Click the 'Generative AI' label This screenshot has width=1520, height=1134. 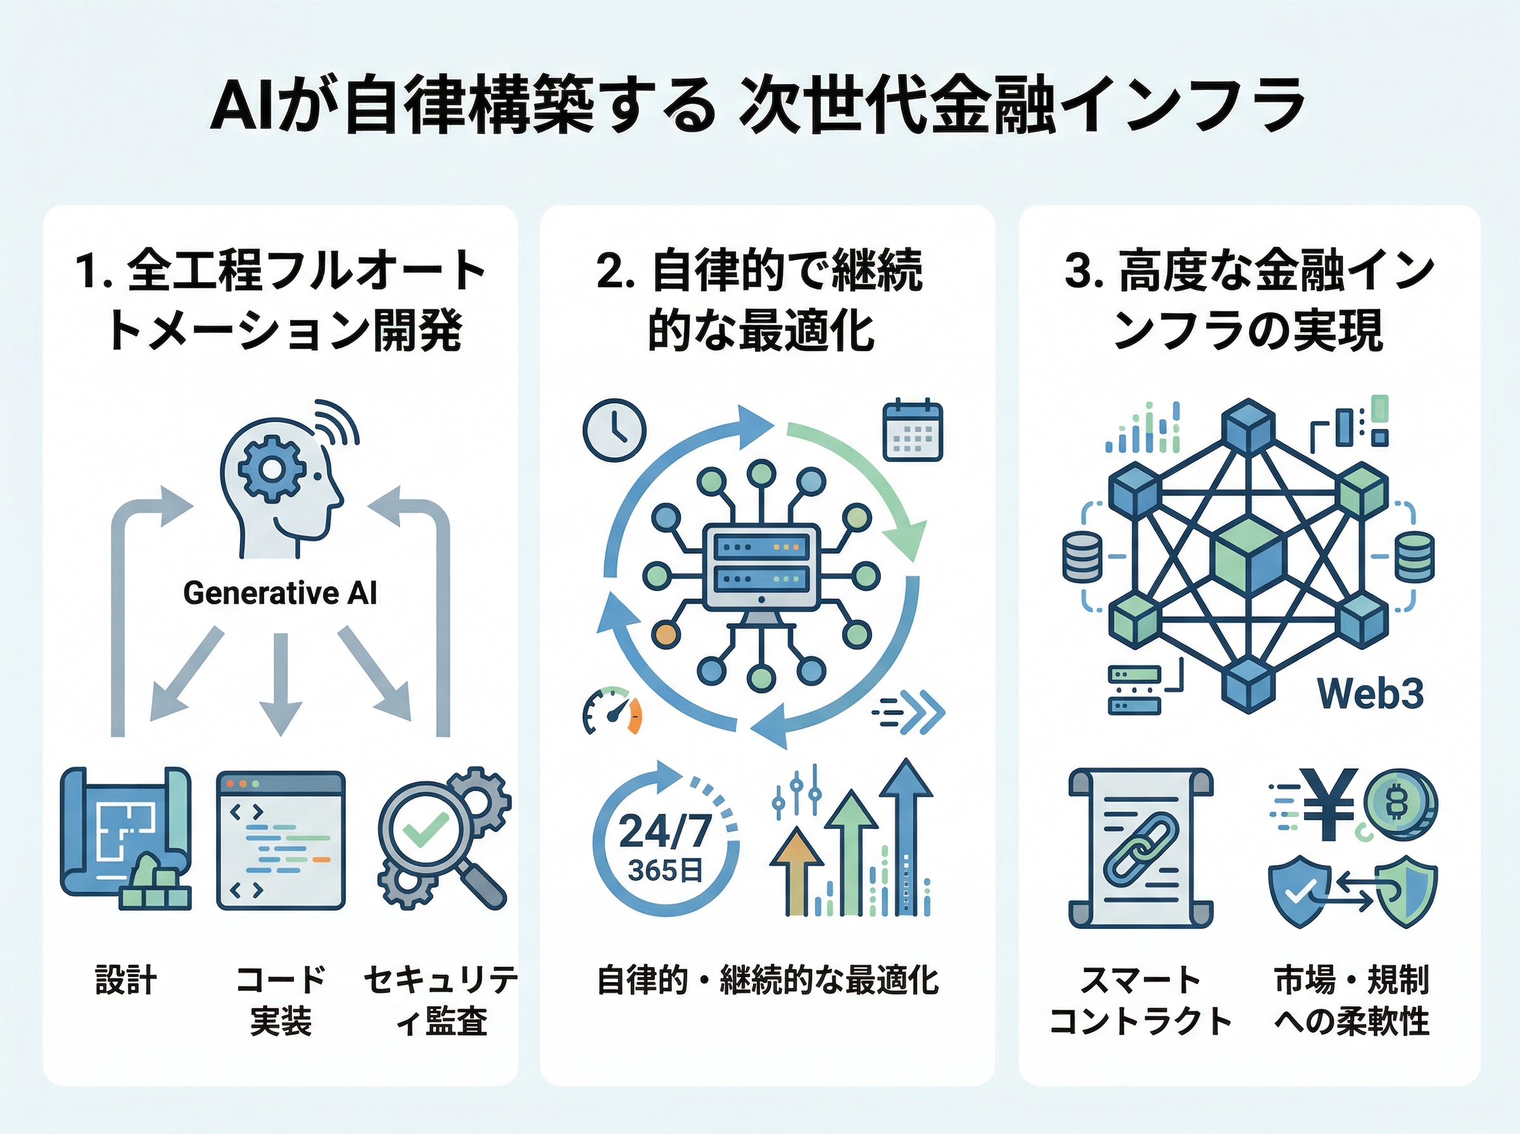(x=280, y=593)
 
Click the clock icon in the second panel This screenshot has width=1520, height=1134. (x=614, y=430)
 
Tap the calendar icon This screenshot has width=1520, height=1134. (x=912, y=430)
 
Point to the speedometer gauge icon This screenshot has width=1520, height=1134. (x=611, y=712)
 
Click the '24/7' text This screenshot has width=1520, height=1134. (x=664, y=832)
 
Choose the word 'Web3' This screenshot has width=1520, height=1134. (x=1371, y=694)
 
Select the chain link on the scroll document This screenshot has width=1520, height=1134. (x=1140, y=848)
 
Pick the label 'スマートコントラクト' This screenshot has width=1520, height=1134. (x=1140, y=999)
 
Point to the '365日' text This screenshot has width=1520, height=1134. (x=664, y=870)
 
